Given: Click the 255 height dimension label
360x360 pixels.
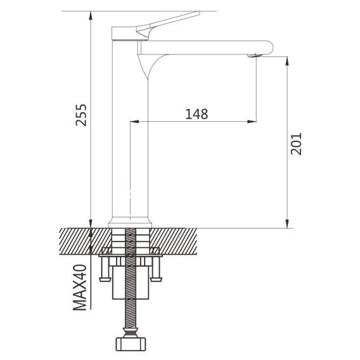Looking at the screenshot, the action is tap(81, 115).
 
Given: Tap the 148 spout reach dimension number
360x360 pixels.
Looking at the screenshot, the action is tap(196, 114).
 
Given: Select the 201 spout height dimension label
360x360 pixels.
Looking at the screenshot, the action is tap(296, 144).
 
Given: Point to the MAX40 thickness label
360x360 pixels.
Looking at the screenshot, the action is tap(80, 288).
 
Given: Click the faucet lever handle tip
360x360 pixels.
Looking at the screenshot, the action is tap(198, 13).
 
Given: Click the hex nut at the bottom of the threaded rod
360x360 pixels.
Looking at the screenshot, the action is tap(131, 344).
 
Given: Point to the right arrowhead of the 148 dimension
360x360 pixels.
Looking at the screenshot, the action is tap(252, 122).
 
